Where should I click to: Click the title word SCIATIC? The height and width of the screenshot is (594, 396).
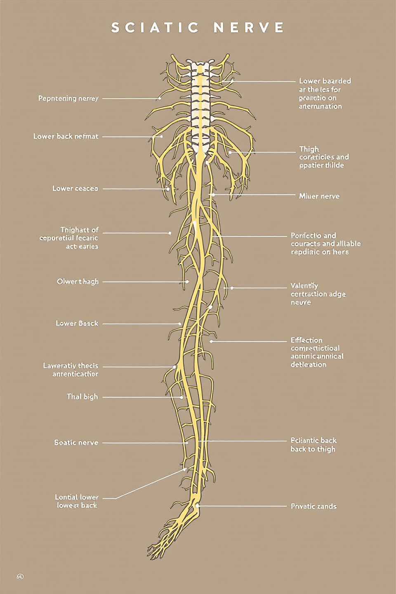click(x=155, y=28)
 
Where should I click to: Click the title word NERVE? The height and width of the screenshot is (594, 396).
click(x=249, y=28)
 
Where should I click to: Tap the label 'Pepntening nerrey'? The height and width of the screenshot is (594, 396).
click(x=68, y=99)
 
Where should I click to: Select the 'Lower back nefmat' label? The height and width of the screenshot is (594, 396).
click(x=66, y=137)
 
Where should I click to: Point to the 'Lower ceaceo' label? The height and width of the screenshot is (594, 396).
click(x=75, y=189)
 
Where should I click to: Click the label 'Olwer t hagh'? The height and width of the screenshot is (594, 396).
click(x=78, y=282)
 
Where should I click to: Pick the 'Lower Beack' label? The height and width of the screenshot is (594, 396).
click(x=77, y=323)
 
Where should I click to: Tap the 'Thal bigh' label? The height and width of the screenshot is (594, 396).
click(x=82, y=397)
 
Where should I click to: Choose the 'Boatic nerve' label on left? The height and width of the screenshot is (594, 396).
click(x=76, y=443)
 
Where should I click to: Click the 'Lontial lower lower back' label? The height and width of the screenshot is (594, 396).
click(x=77, y=501)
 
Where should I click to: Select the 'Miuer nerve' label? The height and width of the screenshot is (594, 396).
click(x=319, y=196)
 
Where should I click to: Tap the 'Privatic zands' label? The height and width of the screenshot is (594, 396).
click(x=313, y=506)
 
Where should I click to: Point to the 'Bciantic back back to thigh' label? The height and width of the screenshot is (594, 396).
click(x=313, y=445)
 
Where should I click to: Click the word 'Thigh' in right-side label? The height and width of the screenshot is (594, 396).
click(x=309, y=149)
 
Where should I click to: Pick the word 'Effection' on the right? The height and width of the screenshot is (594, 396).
click(x=306, y=340)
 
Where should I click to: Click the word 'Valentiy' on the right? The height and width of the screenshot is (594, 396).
click(x=304, y=285)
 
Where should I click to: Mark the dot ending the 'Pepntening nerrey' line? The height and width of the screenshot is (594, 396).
click(x=160, y=99)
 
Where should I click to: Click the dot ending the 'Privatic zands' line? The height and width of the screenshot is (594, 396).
click(x=197, y=505)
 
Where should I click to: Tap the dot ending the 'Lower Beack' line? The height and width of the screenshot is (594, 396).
click(x=180, y=324)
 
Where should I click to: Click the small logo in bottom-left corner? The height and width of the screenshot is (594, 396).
click(x=20, y=576)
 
